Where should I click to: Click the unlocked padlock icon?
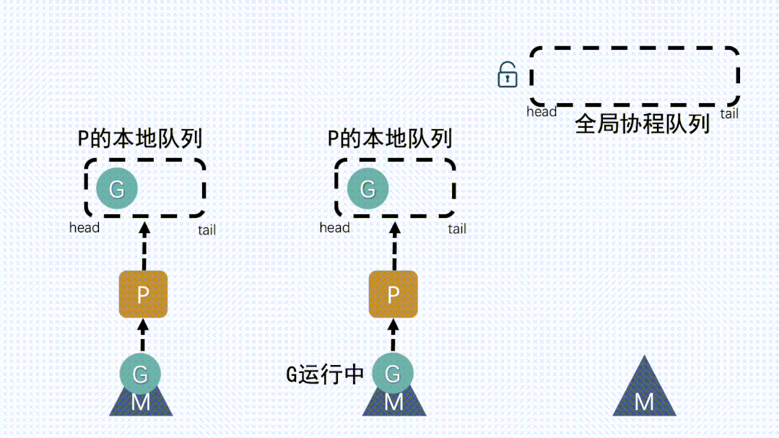508,74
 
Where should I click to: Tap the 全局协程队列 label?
642,123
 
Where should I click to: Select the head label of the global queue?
541,112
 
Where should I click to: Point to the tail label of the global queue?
729,113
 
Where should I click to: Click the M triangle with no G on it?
644,395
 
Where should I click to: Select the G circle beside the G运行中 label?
393,374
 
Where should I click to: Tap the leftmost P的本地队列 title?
139,137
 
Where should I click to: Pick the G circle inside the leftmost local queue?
117,189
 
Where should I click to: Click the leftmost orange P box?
143,294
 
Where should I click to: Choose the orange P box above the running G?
393,294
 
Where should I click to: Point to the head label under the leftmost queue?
84,227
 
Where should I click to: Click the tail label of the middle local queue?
456,229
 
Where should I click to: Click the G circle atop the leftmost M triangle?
141,374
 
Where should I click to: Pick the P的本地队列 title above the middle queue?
390,137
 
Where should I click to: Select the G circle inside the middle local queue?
368,189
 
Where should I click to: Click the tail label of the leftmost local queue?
206,230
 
